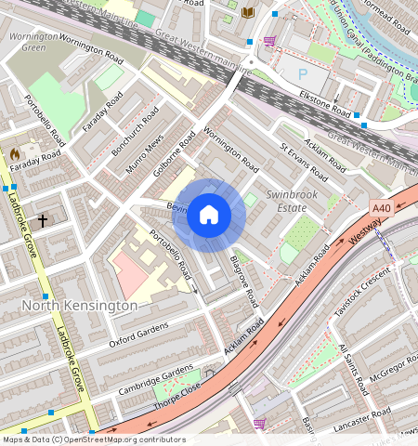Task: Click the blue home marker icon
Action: coord(209,216)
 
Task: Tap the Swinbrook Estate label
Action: coord(293,202)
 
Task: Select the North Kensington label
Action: coord(80,305)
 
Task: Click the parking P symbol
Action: coord(302,73)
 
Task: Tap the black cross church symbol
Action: coord(42,220)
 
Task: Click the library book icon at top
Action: coord(247,12)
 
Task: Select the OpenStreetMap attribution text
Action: coord(93,439)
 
